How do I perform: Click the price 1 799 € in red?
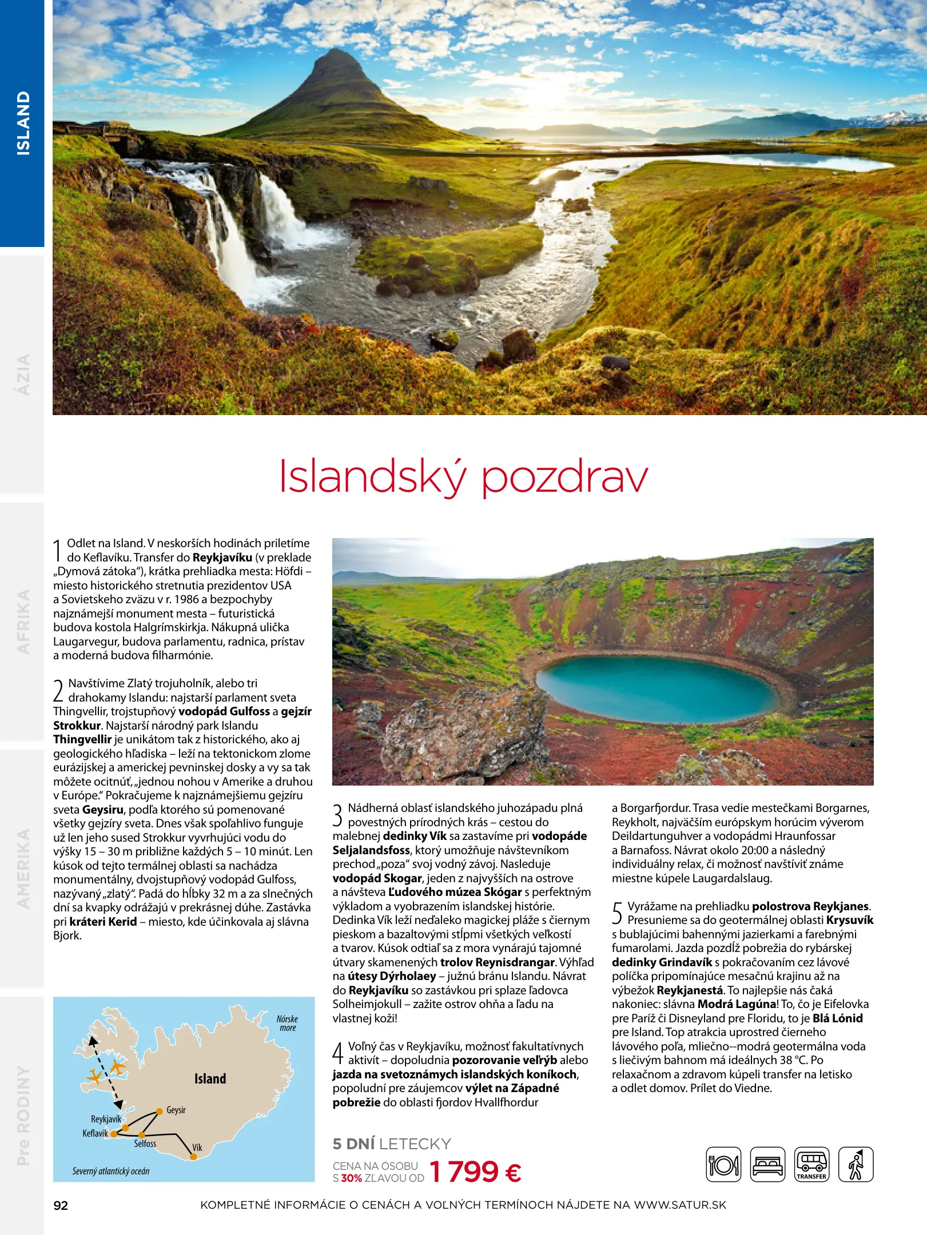475,1172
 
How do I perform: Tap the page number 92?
61,1206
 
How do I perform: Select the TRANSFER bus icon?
811,1165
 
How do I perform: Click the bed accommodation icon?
767,1165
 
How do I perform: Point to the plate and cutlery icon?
723,1165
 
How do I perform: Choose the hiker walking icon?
856,1165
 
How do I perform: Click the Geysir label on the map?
176,1110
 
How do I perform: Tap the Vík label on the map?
197,1148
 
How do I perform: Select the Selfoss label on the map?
145,1144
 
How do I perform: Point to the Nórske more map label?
287,1023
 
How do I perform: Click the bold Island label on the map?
210,1079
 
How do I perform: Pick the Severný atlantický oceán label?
111,1171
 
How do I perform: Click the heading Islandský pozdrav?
463,477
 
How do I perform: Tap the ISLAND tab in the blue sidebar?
23,123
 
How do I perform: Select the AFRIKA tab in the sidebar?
23,622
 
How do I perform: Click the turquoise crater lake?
658,688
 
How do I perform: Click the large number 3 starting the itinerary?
338,815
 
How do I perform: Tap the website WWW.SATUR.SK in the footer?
680,1205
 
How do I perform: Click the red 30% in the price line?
351,1178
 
